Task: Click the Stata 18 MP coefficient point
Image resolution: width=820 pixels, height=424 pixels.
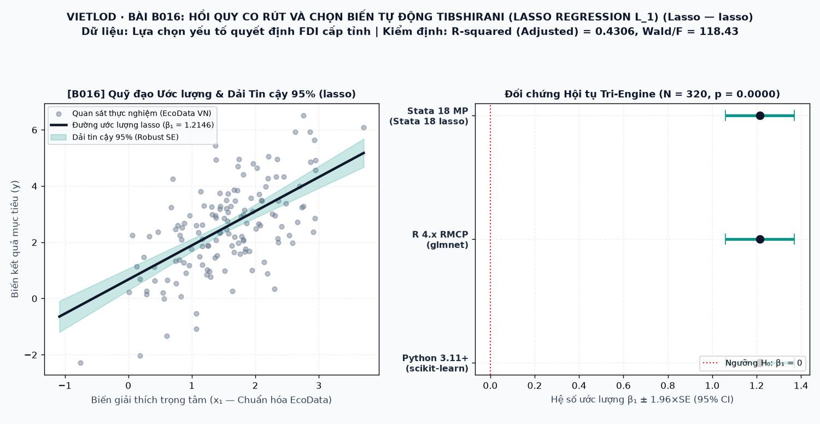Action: point(760,116)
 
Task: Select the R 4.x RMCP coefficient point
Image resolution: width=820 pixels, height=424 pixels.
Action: point(760,239)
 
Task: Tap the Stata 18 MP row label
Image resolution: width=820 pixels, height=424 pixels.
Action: point(429,116)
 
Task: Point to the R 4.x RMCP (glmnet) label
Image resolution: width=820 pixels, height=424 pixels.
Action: point(440,240)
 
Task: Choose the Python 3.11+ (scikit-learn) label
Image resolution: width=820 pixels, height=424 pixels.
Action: point(435,363)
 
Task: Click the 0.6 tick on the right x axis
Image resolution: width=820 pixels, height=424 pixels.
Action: point(623,385)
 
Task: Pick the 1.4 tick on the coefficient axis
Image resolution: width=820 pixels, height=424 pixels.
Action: point(801,385)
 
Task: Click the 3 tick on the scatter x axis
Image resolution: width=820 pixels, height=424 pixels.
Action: point(319,385)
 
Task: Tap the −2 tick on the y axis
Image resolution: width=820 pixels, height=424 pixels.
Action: point(31,355)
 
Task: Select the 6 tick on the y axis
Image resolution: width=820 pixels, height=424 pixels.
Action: point(35,130)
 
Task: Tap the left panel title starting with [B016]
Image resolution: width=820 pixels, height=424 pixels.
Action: point(212,94)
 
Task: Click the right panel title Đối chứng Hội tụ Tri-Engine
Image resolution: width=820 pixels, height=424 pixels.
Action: point(642,94)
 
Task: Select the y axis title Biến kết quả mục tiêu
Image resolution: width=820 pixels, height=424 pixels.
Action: point(15,239)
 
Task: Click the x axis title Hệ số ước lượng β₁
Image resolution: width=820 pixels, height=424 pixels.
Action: point(642,399)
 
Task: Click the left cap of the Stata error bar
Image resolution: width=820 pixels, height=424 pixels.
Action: point(725,116)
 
